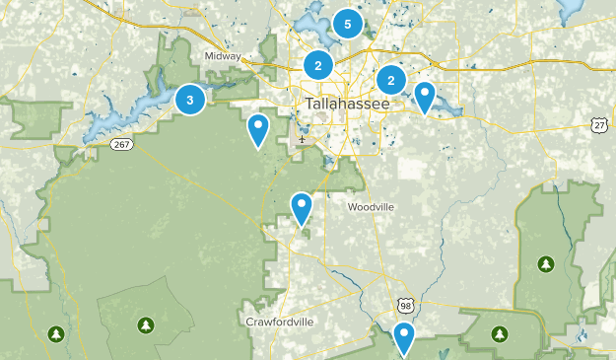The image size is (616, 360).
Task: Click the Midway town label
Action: coord(223,56)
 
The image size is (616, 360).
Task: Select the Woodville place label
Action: coord(371,207)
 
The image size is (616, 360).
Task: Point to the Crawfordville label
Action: coord(279,322)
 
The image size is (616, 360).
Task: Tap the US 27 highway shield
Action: coord(599,125)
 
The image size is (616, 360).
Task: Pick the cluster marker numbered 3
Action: coord(190,99)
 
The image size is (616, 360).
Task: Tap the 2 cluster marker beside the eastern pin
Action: coord(391,80)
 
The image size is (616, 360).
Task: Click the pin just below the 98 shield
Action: coord(404,338)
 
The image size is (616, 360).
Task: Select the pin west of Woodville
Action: coord(302,208)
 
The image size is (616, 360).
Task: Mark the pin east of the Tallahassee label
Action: coord(425,97)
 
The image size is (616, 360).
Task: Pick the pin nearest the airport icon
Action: coord(258,129)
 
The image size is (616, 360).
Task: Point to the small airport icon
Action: coord(301,138)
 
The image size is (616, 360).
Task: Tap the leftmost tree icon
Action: coord(57,332)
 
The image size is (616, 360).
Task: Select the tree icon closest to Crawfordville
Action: coord(146,324)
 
